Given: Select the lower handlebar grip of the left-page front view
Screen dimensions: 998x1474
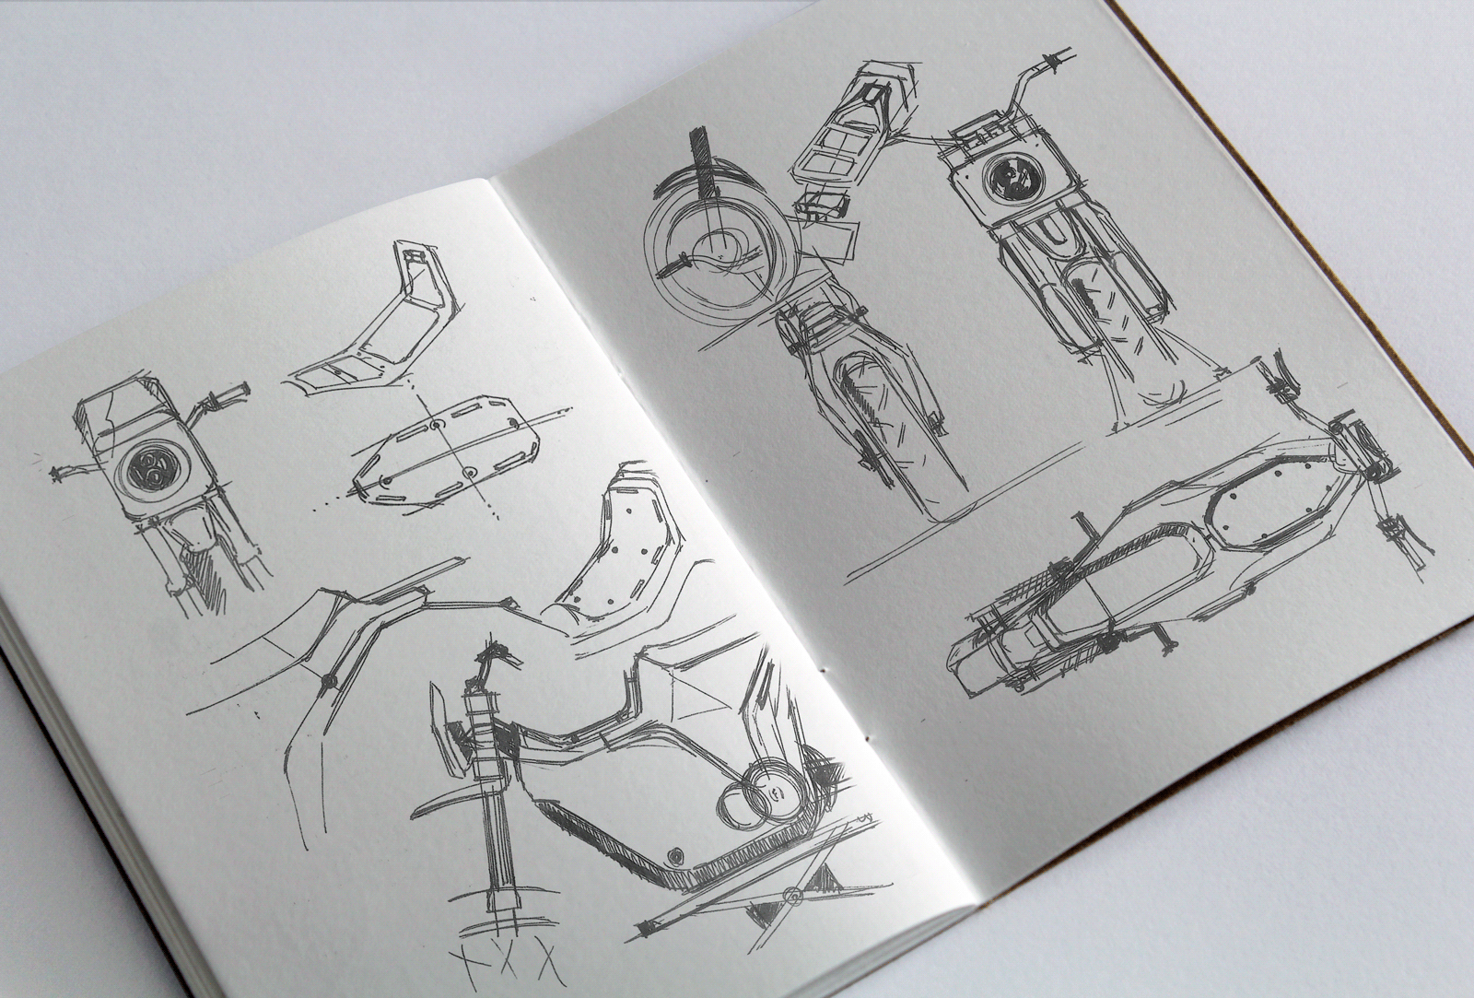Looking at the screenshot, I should click(x=64, y=471).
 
